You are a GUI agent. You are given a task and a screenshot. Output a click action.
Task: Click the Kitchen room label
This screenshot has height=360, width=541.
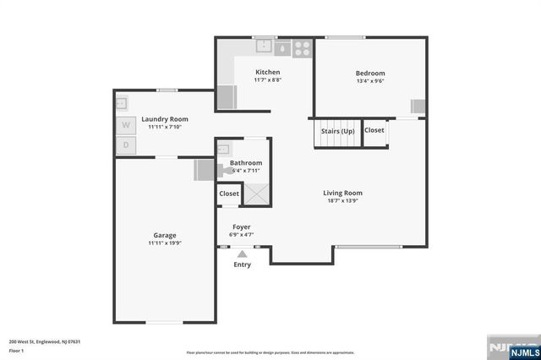268,72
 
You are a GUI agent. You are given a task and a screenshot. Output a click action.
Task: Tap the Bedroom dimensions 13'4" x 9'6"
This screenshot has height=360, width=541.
369,82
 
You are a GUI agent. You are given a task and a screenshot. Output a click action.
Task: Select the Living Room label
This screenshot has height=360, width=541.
342,193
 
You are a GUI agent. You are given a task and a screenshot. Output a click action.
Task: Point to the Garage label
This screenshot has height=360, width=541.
164,235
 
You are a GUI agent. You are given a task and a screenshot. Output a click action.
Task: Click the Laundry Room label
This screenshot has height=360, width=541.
165,119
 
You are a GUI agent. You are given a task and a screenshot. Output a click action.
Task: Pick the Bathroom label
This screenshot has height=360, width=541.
246,162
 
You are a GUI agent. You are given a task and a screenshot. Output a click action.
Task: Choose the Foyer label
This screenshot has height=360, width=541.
243,226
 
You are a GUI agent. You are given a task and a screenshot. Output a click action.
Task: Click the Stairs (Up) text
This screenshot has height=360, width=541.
336,130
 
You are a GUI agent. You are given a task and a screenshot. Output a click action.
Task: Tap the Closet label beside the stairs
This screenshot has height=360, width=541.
374,130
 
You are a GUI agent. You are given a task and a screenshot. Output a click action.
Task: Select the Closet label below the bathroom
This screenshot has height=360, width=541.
229,194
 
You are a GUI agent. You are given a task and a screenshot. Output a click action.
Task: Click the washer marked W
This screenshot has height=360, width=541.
125,125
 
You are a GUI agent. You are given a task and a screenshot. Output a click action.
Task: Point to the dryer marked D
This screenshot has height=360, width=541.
125,145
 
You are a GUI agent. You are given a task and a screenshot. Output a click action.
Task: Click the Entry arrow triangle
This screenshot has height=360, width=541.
243,254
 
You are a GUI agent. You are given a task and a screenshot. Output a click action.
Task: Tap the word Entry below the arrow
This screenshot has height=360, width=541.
243,265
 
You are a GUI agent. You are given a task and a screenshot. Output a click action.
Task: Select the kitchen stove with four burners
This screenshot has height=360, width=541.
302,47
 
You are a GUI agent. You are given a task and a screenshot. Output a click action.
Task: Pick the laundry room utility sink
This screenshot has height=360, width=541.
123,103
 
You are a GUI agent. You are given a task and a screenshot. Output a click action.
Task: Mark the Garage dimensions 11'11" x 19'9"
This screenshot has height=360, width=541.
164,243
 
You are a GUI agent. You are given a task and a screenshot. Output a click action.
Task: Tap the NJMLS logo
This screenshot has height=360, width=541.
516,347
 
